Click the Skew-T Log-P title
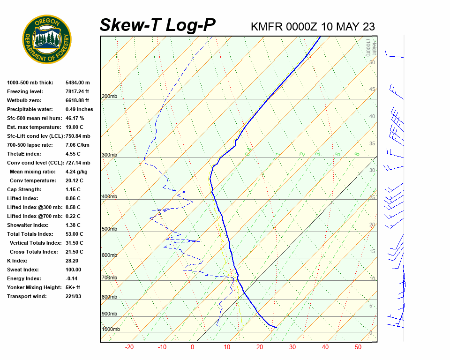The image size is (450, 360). tap(158, 25)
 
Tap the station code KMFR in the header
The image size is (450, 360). tap(267, 27)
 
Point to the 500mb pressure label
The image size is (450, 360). tap(109, 229)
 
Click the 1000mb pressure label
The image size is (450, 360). tap(111, 330)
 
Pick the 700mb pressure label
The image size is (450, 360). tap(109, 278)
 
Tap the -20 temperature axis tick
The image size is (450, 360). tap(129, 347)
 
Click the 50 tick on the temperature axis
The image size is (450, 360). tap(358, 347)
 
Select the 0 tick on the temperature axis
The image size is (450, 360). tap(192, 347)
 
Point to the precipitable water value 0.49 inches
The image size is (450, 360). tap(79, 109)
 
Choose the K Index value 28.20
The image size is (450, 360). tap(72, 261)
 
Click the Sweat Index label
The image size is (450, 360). tap(23, 270)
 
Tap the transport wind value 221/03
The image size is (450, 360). tap(74, 296)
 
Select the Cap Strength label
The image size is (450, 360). tap(24, 189)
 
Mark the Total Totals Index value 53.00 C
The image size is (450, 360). tap(75, 234)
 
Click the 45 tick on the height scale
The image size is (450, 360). tap(372, 90)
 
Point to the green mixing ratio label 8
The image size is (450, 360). tap(357, 154)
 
